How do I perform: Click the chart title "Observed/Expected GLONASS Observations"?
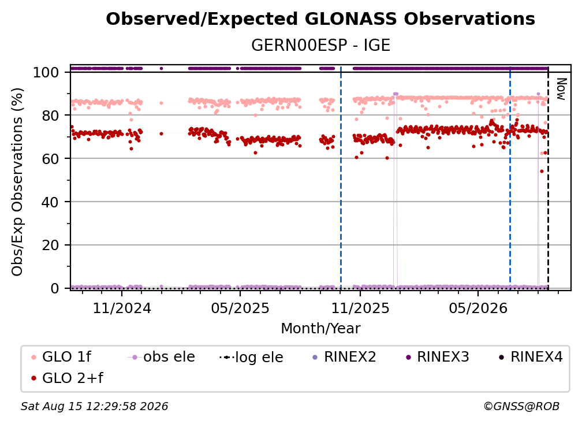[320, 19]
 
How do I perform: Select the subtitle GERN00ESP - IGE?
[320, 45]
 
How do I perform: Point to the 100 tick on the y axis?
[46, 72]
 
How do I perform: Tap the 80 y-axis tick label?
[50, 116]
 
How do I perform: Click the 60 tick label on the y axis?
[50, 159]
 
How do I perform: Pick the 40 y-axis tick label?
[50, 202]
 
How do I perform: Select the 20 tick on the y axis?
[50, 246]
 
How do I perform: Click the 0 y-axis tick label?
[55, 288]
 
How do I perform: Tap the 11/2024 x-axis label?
[122, 308]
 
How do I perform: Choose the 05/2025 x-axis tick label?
[240, 308]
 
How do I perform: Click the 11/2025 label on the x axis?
[360, 308]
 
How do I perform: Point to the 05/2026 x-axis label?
[478, 308]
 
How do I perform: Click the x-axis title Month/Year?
[320, 329]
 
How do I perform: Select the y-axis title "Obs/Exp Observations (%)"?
[17, 182]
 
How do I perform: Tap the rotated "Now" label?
[561, 89]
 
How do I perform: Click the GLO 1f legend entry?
[62, 357]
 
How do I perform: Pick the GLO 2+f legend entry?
[68, 378]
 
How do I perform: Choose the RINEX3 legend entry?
[438, 357]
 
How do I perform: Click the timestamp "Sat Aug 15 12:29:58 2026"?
[94, 406]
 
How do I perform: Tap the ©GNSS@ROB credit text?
[521, 406]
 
